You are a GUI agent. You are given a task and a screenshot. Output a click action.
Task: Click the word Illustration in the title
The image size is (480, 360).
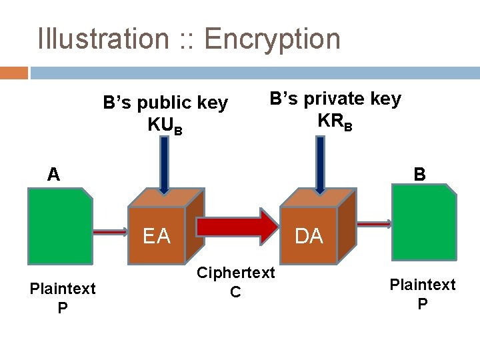tap(103, 39)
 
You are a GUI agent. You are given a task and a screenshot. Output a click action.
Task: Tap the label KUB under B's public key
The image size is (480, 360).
tap(164, 125)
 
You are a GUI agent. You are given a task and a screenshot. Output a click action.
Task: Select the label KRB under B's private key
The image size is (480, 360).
tap(335, 121)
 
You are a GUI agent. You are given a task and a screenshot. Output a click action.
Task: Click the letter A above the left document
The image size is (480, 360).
tap(53, 175)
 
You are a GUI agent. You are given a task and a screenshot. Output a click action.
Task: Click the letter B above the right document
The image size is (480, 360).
tap(419, 175)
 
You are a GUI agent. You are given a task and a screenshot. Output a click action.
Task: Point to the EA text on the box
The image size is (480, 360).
tap(156, 236)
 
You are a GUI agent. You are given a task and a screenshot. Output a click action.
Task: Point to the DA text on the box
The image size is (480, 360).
tap(309, 236)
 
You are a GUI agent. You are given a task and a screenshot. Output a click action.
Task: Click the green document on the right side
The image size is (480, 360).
tap(424, 222)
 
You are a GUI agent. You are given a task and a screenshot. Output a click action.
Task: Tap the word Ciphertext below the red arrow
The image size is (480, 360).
tap(235, 273)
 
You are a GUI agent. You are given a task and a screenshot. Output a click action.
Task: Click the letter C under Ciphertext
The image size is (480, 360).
tap(235, 292)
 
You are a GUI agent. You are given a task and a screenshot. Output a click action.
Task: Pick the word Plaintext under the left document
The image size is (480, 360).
tap(63, 288)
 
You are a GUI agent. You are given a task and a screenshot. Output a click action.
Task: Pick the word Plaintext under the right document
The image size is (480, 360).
tap(423, 285)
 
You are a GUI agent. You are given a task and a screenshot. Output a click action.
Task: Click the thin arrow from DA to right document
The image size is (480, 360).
tap(374, 225)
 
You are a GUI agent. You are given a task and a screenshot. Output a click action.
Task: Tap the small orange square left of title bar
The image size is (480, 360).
tap(14, 72)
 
